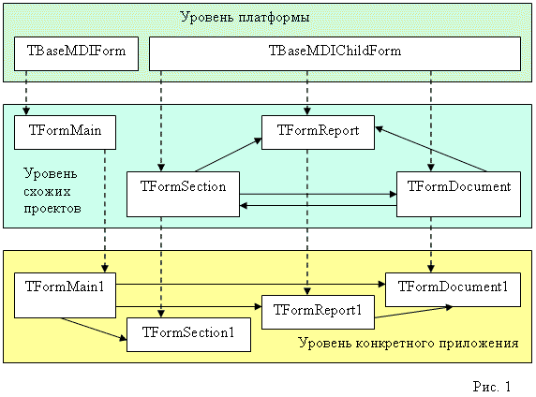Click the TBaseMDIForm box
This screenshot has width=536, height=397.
(76, 53)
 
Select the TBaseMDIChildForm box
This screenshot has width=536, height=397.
(335, 53)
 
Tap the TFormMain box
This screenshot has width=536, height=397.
(65, 133)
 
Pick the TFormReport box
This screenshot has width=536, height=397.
(318, 133)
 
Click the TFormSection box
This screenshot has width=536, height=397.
(183, 194)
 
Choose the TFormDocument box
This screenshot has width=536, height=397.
(458, 194)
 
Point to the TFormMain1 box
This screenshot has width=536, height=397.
(65, 295)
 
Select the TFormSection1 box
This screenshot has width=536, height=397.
(188, 335)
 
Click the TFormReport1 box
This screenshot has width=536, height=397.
(318, 313)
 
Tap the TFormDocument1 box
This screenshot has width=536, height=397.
(453, 289)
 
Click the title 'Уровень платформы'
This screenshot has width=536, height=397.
(245, 17)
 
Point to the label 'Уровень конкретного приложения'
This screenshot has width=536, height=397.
(409, 343)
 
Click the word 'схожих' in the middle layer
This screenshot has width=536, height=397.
(47, 191)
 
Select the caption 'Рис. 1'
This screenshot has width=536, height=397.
(492, 387)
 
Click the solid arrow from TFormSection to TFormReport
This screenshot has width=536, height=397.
(228, 154)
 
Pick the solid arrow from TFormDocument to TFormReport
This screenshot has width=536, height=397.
(431, 149)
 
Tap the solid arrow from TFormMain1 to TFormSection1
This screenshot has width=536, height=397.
(94, 329)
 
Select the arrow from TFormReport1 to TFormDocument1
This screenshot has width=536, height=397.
(413, 312)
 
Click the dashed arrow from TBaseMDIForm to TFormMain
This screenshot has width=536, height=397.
(26, 93)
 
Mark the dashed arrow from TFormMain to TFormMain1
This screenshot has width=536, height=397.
(105, 211)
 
